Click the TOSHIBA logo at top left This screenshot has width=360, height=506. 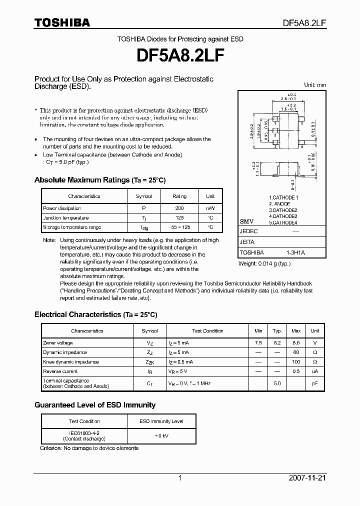click(62, 22)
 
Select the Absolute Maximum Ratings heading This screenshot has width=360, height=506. click(99, 180)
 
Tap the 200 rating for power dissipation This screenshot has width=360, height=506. click(179, 208)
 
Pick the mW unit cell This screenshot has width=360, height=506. click(210, 208)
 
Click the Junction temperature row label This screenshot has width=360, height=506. click(66, 218)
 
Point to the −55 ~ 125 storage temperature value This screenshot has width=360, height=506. click(179, 227)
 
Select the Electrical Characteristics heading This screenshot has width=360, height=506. click(95, 314)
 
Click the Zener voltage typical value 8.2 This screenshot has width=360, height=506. click(276, 343)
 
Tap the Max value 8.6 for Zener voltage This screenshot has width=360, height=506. click(296, 343)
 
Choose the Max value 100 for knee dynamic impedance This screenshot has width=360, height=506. click(296, 362)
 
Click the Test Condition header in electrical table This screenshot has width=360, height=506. click(207, 331)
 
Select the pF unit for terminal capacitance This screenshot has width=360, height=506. click(315, 383)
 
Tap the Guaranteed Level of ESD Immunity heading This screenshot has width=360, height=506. click(94, 405)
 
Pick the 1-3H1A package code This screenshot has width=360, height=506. click(295, 253)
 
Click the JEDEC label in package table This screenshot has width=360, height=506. click(248, 231)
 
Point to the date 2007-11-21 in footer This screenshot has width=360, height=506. click(307, 478)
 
